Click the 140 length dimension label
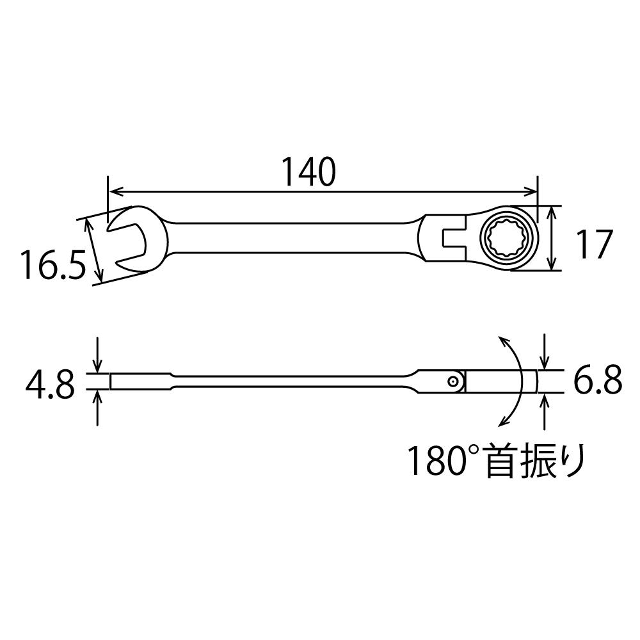point(309,172)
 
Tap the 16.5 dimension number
point(54,266)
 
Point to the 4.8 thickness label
point(50,385)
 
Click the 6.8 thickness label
point(598,380)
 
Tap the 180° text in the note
point(444,460)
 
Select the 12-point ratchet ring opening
point(506,237)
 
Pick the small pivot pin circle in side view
point(452,381)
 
